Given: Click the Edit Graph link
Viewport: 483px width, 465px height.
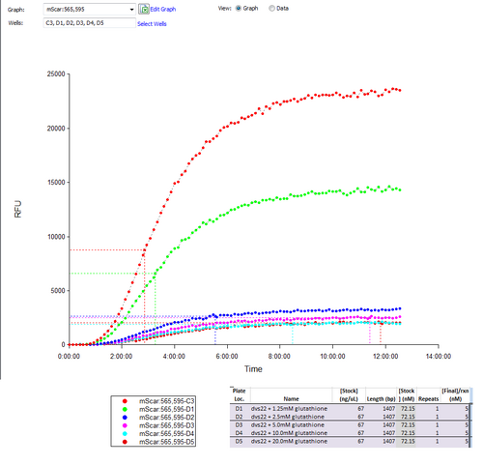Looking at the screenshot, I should (162, 9).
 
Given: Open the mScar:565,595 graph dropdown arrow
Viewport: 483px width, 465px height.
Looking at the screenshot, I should (130, 9).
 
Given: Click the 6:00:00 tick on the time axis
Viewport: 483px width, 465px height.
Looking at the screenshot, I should (227, 355).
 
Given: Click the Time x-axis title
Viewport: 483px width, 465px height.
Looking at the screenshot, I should (253, 368).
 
